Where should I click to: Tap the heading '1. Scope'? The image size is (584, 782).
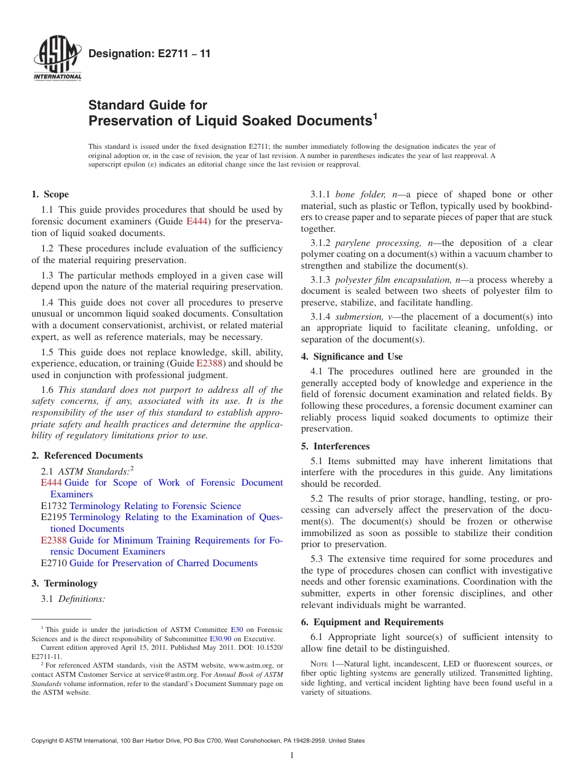[x=50, y=194]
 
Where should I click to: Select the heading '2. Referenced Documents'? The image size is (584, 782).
[x=87, y=456]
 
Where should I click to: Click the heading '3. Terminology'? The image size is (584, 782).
[x=65, y=583]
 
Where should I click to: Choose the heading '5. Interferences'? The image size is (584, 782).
[x=335, y=446]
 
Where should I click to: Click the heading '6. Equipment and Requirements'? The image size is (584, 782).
[x=372, y=622]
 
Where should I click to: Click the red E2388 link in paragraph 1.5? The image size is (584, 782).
[x=209, y=363]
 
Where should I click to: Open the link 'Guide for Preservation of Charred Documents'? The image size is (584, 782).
[x=164, y=563]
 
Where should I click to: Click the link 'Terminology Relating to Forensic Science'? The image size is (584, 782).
[x=155, y=506]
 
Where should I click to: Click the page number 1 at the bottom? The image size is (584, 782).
[x=292, y=756]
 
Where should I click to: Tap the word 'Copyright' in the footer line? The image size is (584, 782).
[x=45, y=741]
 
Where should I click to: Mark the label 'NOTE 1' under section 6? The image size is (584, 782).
[x=323, y=664]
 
